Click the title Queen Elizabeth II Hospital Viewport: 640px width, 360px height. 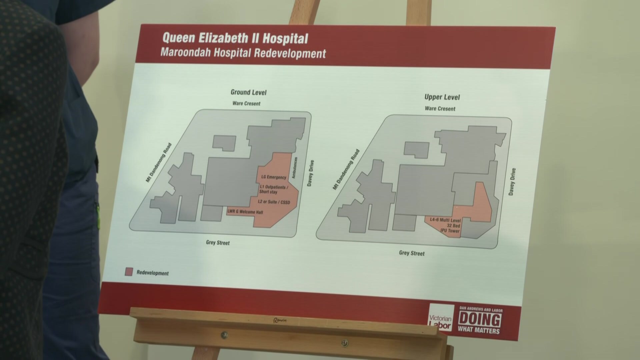pos(235,38)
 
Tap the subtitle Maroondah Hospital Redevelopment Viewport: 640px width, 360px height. pos(243,53)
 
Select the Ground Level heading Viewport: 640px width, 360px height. pos(248,92)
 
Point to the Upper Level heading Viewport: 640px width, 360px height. pos(442,97)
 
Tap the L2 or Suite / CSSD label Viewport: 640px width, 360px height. pos(274,202)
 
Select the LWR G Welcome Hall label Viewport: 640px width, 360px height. pos(245,212)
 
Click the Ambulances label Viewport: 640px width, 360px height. pos(295,168)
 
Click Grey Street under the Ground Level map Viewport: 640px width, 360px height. pos(218,243)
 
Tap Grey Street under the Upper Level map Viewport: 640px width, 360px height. pos(412,253)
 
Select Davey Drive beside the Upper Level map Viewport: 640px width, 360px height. pos(512,182)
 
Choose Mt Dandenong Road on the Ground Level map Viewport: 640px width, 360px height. pos(159,163)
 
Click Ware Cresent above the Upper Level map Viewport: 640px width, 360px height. pos(440,108)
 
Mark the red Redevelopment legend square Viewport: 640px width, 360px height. pos(129,272)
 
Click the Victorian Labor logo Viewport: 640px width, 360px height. pos(441,318)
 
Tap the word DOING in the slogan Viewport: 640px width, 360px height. pos(479,320)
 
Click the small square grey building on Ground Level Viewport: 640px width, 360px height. pos(224,143)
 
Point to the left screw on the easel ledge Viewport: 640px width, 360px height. pos(225,335)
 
